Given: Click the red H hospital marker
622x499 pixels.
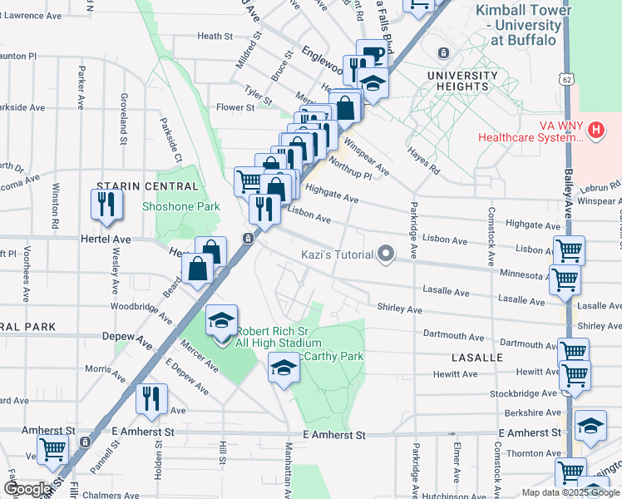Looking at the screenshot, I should (x=595, y=130).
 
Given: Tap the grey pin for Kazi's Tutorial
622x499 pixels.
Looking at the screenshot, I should (x=385, y=254).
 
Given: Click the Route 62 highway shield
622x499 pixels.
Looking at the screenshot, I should (x=566, y=78).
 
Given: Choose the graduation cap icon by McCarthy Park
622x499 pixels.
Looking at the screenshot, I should (x=284, y=368).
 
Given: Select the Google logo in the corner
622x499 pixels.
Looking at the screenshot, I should (x=27, y=489).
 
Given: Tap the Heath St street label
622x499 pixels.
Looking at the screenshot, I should (x=215, y=37).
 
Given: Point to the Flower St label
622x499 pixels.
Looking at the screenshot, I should (x=235, y=107).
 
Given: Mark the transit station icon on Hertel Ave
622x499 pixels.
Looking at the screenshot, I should (x=247, y=239).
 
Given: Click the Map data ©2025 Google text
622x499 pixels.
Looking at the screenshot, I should (x=570, y=492).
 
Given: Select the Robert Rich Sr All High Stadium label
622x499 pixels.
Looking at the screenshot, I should (x=277, y=337).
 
